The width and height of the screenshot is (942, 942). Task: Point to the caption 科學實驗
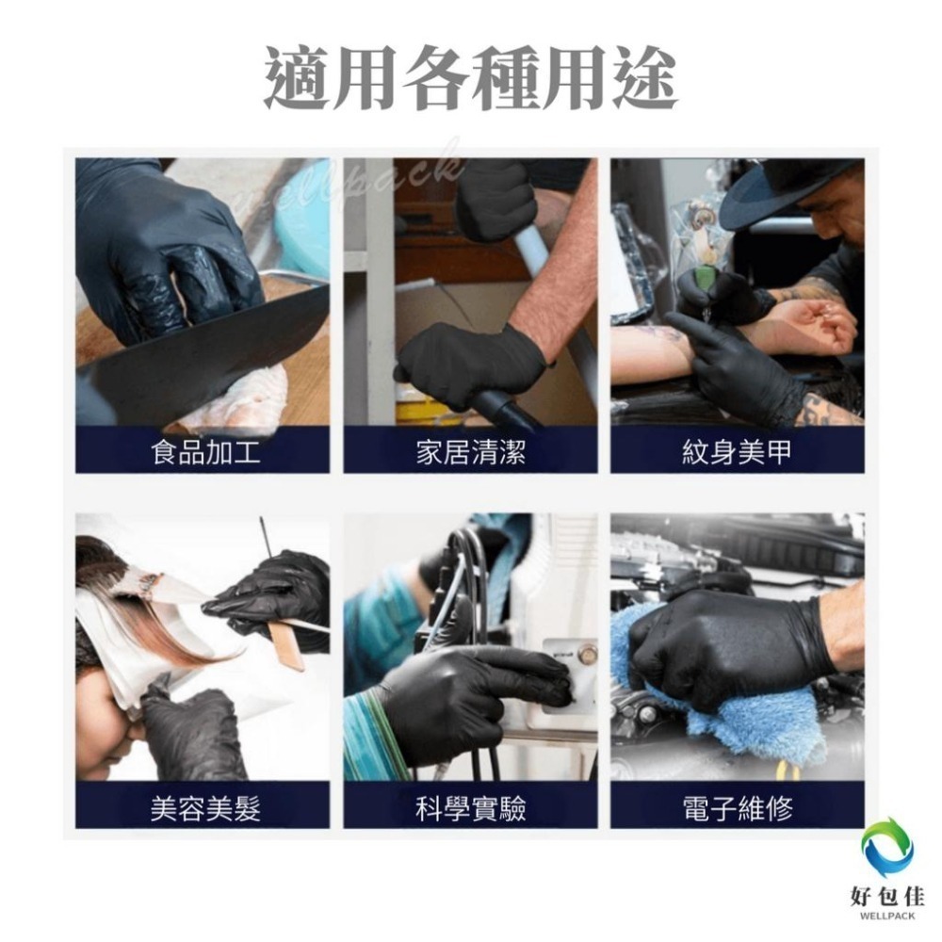click(x=470, y=808)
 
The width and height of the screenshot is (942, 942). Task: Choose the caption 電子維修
click(x=737, y=808)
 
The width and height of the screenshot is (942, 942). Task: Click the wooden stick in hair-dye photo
click(x=285, y=645)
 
